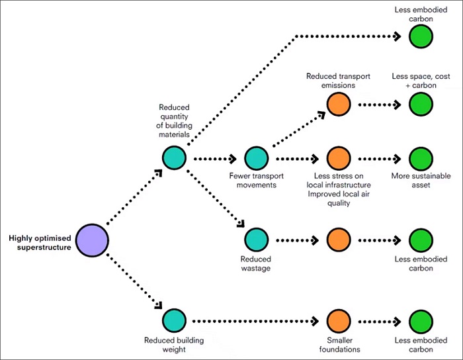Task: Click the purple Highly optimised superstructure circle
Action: (x=92, y=240)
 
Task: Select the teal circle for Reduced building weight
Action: (x=174, y=321)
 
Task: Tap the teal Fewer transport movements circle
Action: (x=257, y=158)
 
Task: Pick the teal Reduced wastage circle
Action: (x=257, y=240)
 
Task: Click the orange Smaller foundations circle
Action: (x=339, y=322)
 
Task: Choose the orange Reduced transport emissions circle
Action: (x=339, y=105)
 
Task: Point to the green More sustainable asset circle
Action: (x=421, y=159)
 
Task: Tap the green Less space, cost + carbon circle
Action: (x=421, y=105)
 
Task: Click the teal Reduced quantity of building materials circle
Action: (x=174, y=158)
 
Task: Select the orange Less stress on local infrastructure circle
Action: (x=339, y=159)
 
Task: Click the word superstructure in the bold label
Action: (x=44, y=247)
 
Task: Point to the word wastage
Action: (x=256, y=269)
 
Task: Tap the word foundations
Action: (x=339, y=349)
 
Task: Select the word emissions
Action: (x=339, y=85)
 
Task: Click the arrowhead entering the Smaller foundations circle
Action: (x=316, y=321)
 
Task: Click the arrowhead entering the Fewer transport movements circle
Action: (x=233, y=159)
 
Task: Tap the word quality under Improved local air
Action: (x=339, y=203)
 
